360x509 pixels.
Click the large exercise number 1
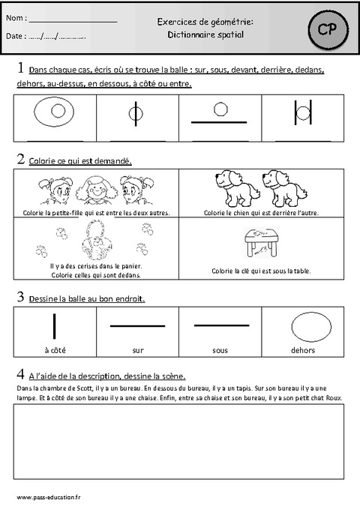point(20,68)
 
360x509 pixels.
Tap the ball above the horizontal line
point(220,109)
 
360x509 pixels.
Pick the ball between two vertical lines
point(301,115)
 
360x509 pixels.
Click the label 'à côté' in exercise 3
point(55,349)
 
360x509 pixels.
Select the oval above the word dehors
point(309,327)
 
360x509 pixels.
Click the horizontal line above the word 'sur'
point(137,326)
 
